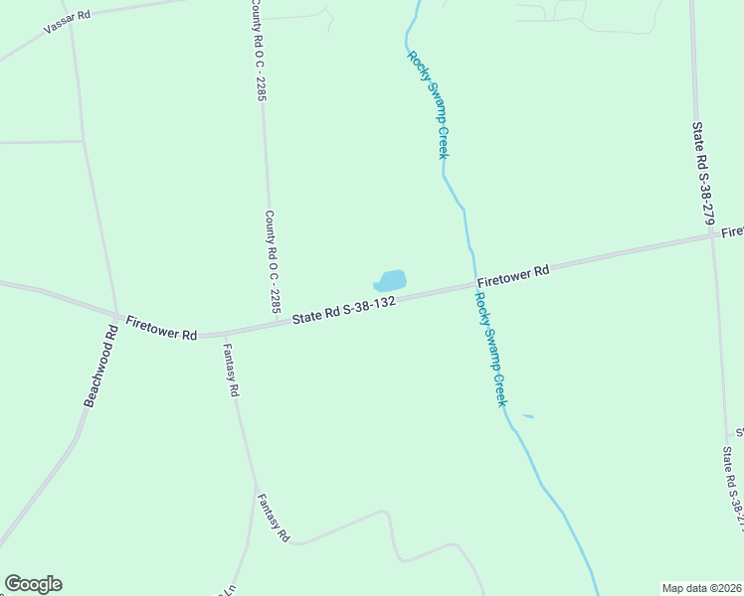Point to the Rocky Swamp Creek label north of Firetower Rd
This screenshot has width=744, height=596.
(x=428, y=104)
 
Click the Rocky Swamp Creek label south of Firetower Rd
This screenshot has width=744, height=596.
(x=491, y=348)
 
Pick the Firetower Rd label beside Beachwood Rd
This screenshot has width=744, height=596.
(x=161, y=328)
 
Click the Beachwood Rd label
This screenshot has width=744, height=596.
(x=101, y=367)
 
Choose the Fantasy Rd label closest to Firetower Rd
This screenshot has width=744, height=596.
(x=230, y=371)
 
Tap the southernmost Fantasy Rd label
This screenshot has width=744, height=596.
(x=273, y=518)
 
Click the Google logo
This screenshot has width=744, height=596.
(x=33, y=584)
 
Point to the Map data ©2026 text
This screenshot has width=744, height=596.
(x=701, y=588)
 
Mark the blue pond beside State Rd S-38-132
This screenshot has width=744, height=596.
(x=391, y=281)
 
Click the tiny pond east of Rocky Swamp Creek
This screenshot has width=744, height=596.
(x=527, y=416)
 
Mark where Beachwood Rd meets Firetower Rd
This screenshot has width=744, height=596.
(x=117, y=316)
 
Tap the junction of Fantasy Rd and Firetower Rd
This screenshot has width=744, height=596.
(x=224, y=335)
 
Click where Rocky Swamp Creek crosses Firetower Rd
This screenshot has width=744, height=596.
(x=472, y=286)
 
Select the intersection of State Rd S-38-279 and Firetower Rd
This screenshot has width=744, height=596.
(x=710, y=236)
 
